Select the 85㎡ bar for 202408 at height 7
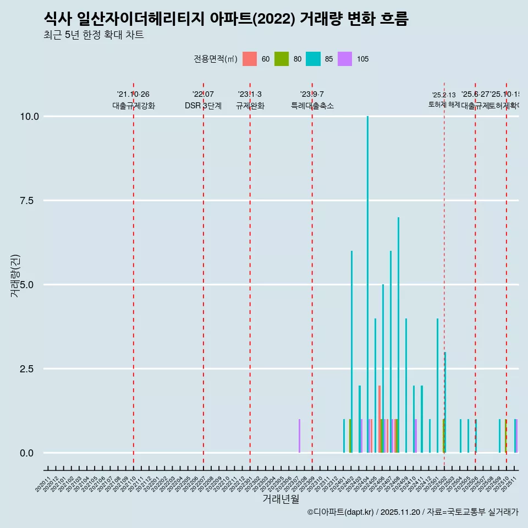pyautogui.click(x=398, y=335)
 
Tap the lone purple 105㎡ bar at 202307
pyautogui.click(x=299, y=436)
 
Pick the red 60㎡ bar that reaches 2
pyautogui.click(x=380, y=419)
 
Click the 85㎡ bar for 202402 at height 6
pyautogui.click(x=351, y=352)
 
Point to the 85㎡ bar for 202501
pyautogui.click(x=437, y=386)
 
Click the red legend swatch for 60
pyautogui.click(x=250, y=59)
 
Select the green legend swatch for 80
pyautogui.click(x=282, y=59)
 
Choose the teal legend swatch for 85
pyautogui.click(x=313, y=59)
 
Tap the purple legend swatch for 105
pyautogui.click(x=345, y=59)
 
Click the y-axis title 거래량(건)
pyautogui.click(x=15, y=275)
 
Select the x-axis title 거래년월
pyautogui.click(x=280, y=499)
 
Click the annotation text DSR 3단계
pyautogui.click(x=203, y=106)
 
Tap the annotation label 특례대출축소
pyautogui.click(x=312, y=106)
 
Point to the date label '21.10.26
pyautogui.click(x=133, y=95)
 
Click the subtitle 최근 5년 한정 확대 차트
pyautogui.click(x=94, y=35)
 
